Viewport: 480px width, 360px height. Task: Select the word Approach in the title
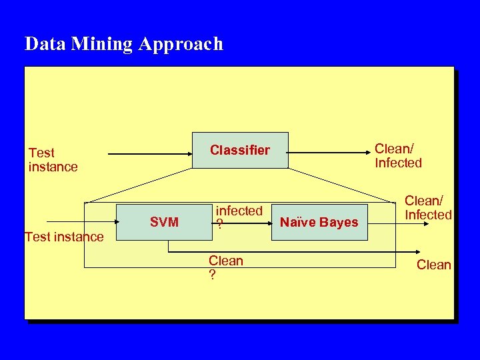pos(181,45)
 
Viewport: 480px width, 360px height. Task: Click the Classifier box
pos(240,150)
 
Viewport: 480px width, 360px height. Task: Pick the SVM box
pos(164,222)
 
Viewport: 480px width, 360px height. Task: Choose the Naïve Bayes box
pos(319,222)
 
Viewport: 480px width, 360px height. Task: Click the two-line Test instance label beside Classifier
pos(53,160)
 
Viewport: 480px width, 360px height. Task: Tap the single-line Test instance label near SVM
pos(64,237)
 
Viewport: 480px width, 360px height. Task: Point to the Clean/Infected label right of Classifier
pos(398,156)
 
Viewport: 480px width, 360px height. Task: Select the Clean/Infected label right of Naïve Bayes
pos(428,207)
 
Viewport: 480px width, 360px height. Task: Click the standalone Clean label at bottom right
pos(433,265)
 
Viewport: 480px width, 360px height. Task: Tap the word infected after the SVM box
pos(239,211)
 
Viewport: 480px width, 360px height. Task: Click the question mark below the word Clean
pos(212,273)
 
